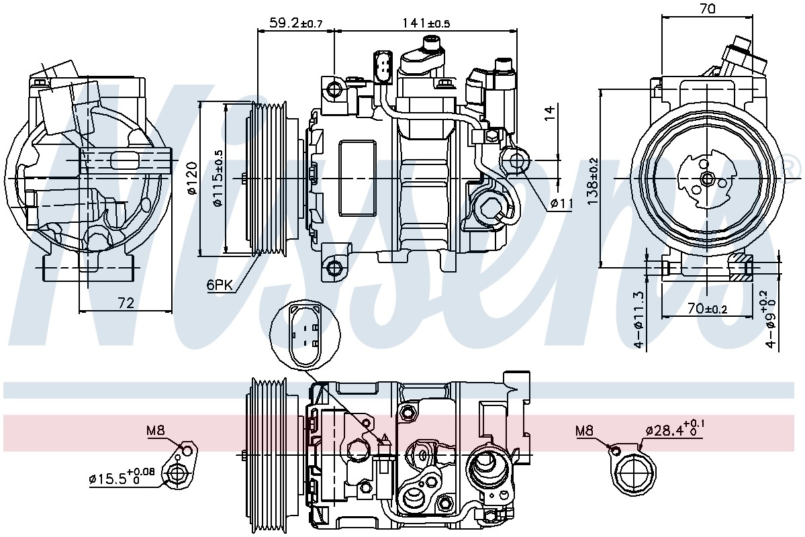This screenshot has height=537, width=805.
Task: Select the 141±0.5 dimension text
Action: click(x=426, y=23)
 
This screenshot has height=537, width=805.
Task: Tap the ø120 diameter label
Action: click(x=191, y=178)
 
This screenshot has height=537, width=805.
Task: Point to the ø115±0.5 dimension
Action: click(x=218, y=178)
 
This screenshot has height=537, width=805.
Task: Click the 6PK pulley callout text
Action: click(x=220, y=285)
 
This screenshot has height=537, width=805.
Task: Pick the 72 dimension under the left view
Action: click(x=126, y=303)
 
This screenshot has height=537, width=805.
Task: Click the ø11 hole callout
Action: click(x=561, y=203)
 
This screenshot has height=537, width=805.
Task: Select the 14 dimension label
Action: click(x=549, y=113)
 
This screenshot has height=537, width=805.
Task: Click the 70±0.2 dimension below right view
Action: click(x=707, y=309)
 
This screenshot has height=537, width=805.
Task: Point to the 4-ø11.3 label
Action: click(x=638, y=320)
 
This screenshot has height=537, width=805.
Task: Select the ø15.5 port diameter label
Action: click(x=122, y=477)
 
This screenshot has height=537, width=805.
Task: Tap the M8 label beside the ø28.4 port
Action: click(x=584, y=430)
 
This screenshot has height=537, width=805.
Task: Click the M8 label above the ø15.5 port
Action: click(x=156, y=430)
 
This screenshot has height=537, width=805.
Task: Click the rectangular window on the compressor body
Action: click(x=357, y=178)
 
